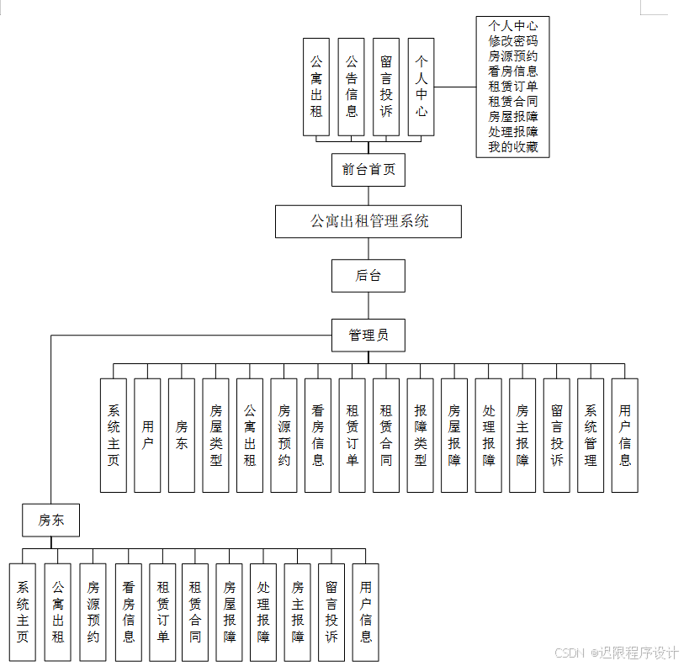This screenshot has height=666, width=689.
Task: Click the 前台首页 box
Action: pos(368,170)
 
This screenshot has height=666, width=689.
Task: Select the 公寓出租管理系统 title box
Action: pos(368,222)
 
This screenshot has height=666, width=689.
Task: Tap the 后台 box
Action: pos(368,275)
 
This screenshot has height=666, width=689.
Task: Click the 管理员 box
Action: pos(368,335)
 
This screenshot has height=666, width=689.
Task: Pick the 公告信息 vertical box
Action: pos(352,87)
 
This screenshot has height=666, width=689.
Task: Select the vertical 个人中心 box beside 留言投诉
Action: pos(421,87)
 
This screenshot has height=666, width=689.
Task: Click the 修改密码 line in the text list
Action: pos(513,40)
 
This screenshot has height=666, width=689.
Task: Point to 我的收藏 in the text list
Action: pos(513,148)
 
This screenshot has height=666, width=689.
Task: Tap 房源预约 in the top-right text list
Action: pos(513,56)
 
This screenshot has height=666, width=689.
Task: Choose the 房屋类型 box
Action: pos(216,435)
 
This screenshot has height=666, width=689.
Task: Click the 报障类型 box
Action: pos(421,435)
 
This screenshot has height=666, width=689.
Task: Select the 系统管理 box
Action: pos(591,435)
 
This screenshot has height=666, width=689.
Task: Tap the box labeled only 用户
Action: pos(147,435)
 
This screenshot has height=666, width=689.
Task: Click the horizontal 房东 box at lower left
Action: pos(50,521)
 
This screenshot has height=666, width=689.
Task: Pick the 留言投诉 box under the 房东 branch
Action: pos(331,611)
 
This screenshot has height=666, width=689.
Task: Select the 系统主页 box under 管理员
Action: pos(114,435)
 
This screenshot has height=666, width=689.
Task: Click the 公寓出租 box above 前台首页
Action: pos(316,87)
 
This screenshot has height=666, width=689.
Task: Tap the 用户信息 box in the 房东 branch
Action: pos(365,611)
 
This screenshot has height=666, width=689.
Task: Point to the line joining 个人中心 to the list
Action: pos(455,87)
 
